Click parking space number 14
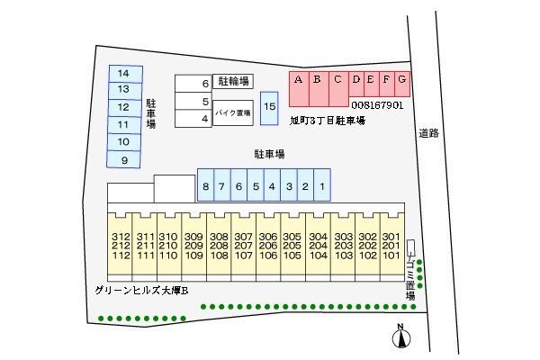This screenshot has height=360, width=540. click(124, 73)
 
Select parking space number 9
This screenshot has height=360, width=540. click(124, 159)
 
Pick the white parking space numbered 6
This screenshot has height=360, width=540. click(193, 84)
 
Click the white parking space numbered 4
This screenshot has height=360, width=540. click(193, 118)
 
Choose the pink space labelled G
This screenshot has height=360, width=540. click(402, 80)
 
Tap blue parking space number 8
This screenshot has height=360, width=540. click(206, 186)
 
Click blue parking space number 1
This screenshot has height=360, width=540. click(322, 186)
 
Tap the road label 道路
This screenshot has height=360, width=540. click(428, 133)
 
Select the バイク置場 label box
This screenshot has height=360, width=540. click(232, 112)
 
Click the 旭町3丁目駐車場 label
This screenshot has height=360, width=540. click(327, 119)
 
